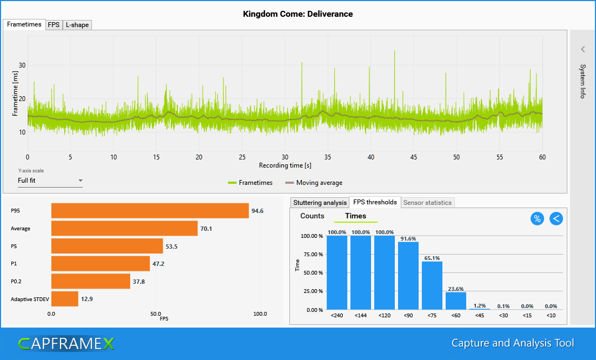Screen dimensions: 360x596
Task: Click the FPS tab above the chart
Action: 54,25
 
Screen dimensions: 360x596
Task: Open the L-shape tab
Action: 77,25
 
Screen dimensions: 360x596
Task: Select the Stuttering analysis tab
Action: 320,203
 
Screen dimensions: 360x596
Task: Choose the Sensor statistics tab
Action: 428,203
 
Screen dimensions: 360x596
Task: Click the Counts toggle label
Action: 312,216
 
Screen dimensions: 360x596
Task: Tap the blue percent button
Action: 537,218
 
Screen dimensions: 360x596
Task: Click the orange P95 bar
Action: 150,211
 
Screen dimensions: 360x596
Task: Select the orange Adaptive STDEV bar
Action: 64,299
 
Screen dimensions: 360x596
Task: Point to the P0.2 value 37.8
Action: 140,281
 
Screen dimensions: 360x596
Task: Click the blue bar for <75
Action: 432,286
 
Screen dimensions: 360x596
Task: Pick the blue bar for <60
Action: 456,301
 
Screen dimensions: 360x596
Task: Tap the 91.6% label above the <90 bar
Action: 408,238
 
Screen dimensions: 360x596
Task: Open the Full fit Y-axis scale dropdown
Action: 50,181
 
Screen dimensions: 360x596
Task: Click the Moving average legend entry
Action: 314,183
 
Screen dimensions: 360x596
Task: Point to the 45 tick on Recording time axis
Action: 414,157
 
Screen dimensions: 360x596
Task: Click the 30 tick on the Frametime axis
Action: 22,65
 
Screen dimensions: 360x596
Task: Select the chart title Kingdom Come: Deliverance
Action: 298,14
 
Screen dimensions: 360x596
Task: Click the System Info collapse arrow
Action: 583,49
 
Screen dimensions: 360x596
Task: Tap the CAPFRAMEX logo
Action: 67,343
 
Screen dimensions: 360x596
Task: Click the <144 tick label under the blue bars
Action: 361,315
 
